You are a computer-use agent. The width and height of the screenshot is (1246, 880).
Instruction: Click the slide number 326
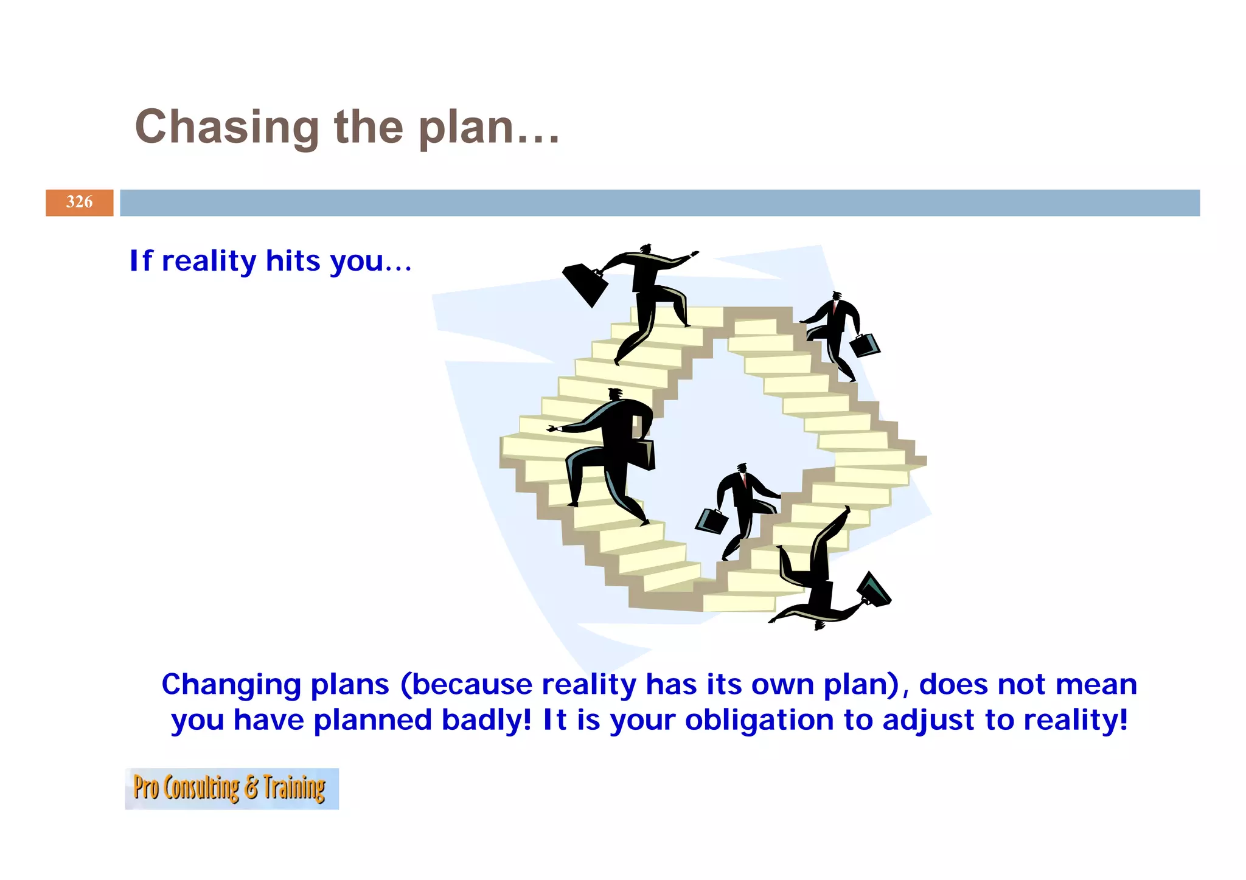(79, 203)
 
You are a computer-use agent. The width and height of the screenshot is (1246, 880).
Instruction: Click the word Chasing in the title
(226, 127)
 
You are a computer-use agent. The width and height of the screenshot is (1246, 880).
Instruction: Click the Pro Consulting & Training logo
(231, 788)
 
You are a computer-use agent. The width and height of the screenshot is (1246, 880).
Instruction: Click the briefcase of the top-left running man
(584, 284)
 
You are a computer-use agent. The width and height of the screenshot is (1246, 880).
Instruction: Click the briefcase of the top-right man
(865, 345)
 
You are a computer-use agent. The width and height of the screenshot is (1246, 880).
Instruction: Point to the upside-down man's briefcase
(874, 589)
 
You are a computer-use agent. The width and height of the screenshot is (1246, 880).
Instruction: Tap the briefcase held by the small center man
(711, 521)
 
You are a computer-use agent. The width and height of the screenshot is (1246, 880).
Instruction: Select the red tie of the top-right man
(835, 307)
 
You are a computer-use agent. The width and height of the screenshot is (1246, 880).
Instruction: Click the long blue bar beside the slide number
(660, 203)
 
